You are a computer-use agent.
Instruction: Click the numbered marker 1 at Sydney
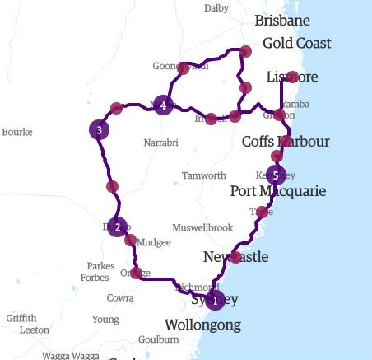(215, 301)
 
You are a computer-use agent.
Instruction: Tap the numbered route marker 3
(99, 130)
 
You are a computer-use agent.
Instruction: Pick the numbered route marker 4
(164, 105)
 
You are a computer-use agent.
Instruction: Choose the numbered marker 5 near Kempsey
(276, 175)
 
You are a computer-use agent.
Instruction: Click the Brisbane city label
(282, 21)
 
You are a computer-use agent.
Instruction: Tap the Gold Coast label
(296, 43)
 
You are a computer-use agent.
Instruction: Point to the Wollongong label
(202, 325)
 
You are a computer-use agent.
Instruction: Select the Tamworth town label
(203, 175)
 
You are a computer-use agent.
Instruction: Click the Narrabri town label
(160, 143)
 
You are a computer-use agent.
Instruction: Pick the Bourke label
(17, 132)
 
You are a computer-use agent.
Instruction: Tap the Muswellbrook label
(202, 227)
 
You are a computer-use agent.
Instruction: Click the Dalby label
(216, 8)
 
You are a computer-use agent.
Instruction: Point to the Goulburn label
(159, 339)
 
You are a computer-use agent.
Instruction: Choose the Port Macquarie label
(278, 191)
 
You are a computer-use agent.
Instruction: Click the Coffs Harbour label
(286, 142)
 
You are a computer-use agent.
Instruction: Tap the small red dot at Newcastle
(235, 257)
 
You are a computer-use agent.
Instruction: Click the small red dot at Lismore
(292, 77)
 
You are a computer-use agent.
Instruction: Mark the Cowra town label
(119, 297)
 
